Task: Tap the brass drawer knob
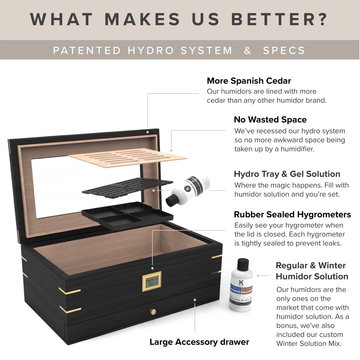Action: [154, 311]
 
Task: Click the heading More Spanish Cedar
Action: [249, 81]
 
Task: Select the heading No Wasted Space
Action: [270, 120]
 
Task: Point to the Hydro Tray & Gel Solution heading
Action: [287, 174]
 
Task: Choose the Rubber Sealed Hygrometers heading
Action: [292, 214]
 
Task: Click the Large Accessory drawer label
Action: [199, 342]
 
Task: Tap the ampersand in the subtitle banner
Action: [247, 50]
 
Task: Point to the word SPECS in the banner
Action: [284, 50]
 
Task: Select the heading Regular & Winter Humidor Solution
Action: [312, 271]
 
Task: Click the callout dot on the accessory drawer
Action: [195, 299]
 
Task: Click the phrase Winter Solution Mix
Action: [309, 343]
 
